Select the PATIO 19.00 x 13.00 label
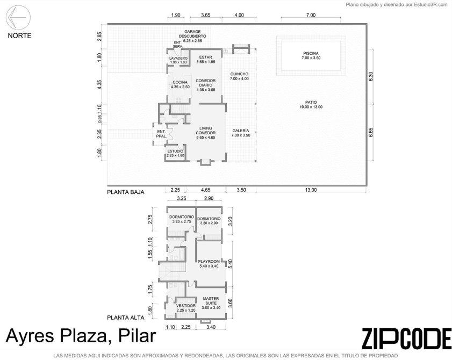point(311,105)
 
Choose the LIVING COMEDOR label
point(205,133)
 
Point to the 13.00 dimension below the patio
point(311,190)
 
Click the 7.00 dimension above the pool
point(311,15)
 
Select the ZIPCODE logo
point(407,339)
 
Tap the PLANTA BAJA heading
point(126,192)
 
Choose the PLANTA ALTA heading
point(126,318)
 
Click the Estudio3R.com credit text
point(432,5)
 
